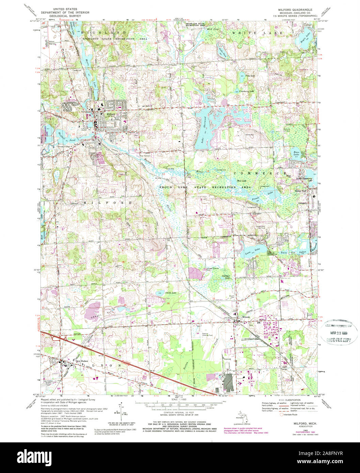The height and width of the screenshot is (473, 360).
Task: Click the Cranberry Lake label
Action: (246, 92)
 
